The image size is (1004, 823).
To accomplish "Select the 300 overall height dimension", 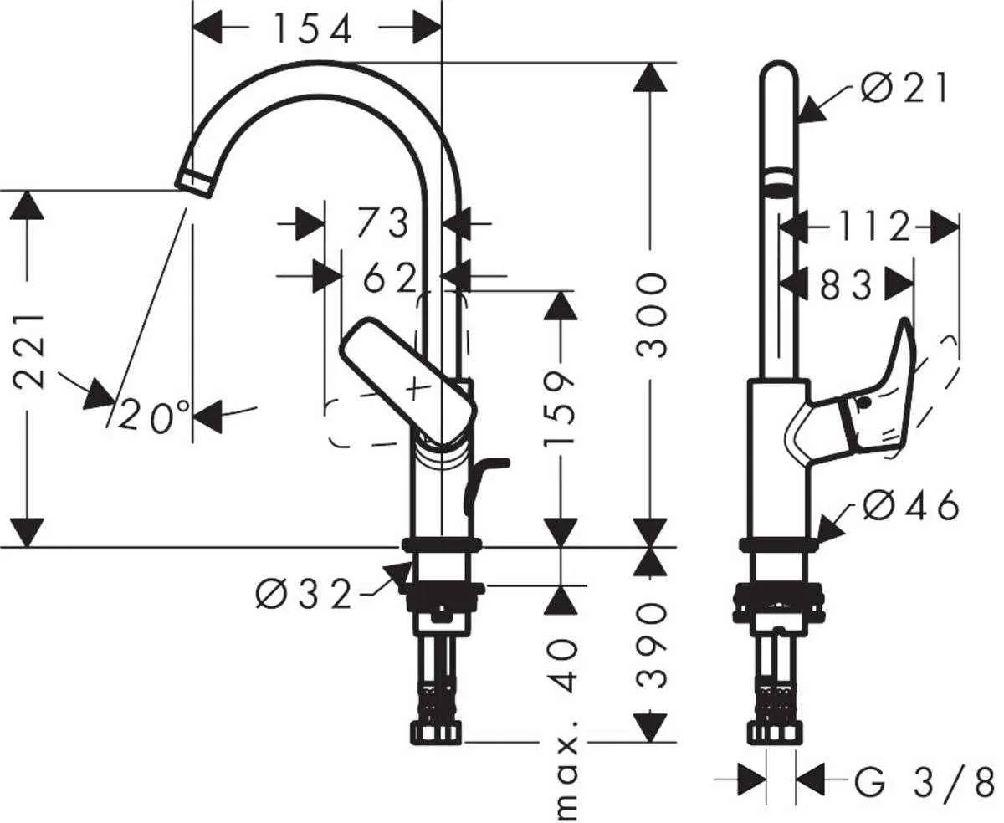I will (x=653, y=314).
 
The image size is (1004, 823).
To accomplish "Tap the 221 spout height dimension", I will (x=30, y=351).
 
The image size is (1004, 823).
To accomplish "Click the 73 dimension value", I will (x=382, y=223).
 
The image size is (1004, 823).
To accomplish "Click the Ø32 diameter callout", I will (x=304, y=595).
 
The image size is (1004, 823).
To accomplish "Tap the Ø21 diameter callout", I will (x=906, y=88).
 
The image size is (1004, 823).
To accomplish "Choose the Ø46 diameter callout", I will (x=910, y=505).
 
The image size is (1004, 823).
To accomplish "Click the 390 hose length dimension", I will (x=653, y=645).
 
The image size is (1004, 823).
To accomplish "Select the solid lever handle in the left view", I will (x=408, y=381).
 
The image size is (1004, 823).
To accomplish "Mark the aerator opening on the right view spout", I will (x=779, y=181).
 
